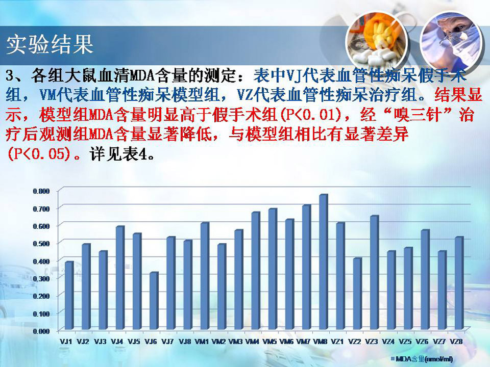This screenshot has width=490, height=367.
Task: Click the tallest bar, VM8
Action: click(x=324, y=262)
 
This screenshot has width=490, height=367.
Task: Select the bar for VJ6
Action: click(x=154, y=301)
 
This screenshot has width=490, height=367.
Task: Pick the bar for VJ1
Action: click(x=69, y=296)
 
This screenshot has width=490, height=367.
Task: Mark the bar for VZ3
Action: click(x=374, y=272)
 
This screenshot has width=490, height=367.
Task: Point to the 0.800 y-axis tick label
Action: click(x=41, y=191)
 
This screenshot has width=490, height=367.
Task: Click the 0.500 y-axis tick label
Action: click(x=41, y=244)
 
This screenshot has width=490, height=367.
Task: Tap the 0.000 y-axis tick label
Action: click(x=41, y=331)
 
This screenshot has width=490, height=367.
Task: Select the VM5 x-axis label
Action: click(x=269, y=342)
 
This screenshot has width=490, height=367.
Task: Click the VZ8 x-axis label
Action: click(x=456, y=342)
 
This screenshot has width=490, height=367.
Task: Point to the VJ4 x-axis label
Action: click(x=117, y=342)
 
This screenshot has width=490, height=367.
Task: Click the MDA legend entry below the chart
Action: click(x=422, y=359)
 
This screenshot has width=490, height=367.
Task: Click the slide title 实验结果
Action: click(x=50, y=44)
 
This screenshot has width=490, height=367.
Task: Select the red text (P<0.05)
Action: click(x=38, y=154)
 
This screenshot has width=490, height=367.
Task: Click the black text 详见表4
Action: click(x=122, y=154)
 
